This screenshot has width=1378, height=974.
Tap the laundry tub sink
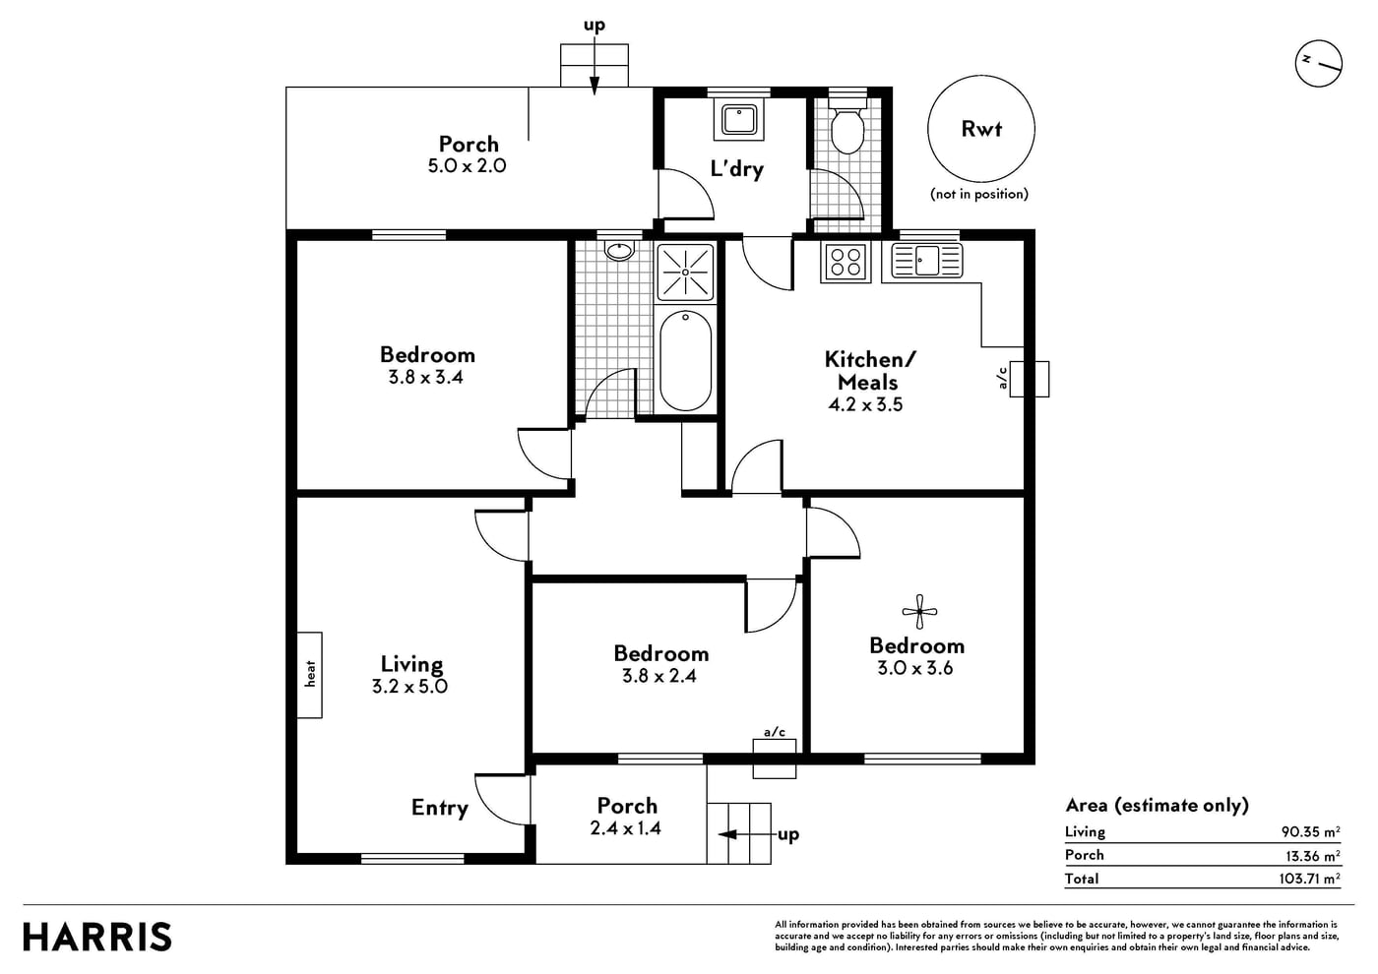[739, 119]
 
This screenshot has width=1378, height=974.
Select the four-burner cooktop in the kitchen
[846, 262]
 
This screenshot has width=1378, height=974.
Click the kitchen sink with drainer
[926, 260]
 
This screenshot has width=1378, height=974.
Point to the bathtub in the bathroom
[685, 360]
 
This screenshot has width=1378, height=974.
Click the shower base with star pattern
[685, 272]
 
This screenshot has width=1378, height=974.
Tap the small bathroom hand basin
[619, 250]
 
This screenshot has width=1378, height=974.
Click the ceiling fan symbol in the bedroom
[919, 612]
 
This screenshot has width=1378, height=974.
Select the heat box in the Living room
[309, 675]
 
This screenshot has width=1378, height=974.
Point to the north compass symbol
[1318, 63]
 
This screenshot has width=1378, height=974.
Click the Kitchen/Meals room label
[869, 370]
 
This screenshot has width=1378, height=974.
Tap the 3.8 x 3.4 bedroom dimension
[425, 377]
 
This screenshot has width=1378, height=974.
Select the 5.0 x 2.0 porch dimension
[467, 165]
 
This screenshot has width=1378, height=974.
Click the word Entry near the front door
[439, 808]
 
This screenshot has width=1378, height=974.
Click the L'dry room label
[737, 168]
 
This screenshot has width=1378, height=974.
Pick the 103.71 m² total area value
[1310, 878]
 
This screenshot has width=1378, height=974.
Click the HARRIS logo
[97, 937]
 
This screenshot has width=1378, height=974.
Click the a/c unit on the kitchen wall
[1029, 379]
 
